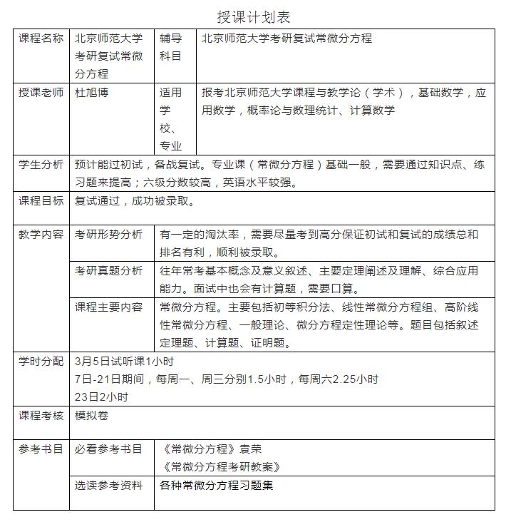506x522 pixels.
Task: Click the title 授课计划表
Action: [253, 16]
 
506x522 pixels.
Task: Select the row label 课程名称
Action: [41, 39]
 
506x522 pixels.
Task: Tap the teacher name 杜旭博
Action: [92, 93]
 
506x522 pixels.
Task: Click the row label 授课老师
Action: [41, 93]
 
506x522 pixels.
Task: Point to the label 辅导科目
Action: [171, 47]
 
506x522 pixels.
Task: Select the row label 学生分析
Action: [41, 165]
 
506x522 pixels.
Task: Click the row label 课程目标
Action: [41, 201]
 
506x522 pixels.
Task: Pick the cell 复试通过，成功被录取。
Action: [135, 201]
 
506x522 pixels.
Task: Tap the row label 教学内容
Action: [41, 235]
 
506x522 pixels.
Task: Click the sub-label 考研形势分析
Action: [108, 235]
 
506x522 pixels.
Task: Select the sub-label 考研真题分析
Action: [108, 271]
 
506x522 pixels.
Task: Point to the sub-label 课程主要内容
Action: [108, 307]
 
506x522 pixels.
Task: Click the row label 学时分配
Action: [41, 362]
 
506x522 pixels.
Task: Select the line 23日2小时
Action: [101, 397]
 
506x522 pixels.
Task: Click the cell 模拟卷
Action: [92, 416]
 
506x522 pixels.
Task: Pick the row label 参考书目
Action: [41, 449]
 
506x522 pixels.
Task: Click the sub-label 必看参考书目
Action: [108, 449]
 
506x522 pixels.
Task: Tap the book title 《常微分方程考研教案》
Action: [221, 467]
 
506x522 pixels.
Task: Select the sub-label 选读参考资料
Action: [108, 486]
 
